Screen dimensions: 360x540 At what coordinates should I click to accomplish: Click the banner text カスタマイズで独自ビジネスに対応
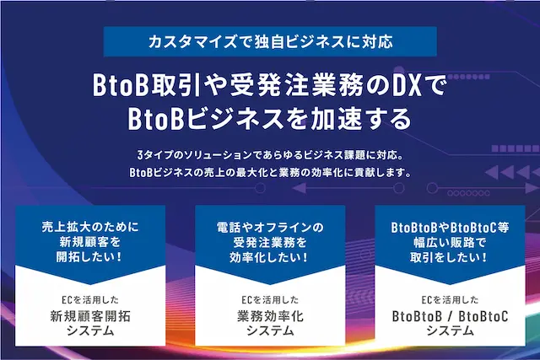tap(270, 40)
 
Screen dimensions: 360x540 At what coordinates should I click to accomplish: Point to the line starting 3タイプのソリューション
tap(270, 156)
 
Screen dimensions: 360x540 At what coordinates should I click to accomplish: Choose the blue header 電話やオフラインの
tap(270, 228)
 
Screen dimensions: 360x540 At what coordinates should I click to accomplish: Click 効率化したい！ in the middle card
tap(270, 258)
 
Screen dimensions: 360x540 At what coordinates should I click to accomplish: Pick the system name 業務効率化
tap(270, 316)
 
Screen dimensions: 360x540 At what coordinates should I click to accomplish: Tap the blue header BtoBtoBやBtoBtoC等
tap(450, 228)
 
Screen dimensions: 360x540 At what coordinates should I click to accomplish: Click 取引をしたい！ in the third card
tap(450, 258)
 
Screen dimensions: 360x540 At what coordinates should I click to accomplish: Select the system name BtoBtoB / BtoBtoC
tap(450, 316)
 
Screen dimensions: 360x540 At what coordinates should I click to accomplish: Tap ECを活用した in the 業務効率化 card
tap(270, 299)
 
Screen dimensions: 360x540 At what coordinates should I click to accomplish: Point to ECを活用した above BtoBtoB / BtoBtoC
tap(450, 299)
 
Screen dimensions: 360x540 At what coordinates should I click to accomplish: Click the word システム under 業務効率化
tap(270, 331)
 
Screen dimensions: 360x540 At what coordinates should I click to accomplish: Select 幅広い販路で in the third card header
tap(450, 243)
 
